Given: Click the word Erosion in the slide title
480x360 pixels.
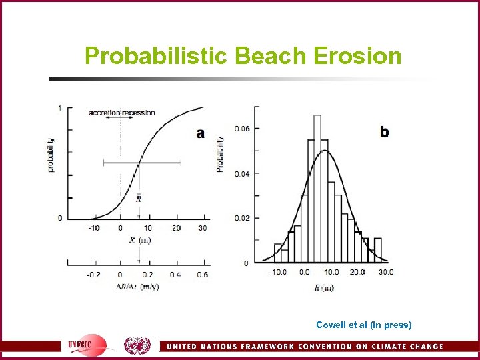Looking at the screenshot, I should tap(356, 56).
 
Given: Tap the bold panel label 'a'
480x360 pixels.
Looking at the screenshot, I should tap(200, 133).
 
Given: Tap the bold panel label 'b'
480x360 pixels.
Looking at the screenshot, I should tap(385, 132).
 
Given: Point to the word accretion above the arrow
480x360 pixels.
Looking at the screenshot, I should tap(105, 113).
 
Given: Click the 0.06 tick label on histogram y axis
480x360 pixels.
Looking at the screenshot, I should tap(242, 129).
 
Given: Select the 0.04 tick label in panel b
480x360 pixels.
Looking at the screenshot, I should tap(242, 173).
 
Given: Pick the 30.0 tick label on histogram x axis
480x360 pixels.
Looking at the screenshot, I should tap(385, 273).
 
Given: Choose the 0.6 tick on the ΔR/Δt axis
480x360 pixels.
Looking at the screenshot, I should tap(203, 275).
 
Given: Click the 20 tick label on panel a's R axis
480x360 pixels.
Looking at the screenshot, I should tap(176, 228).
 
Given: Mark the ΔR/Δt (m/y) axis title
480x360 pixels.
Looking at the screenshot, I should tap(139, 287).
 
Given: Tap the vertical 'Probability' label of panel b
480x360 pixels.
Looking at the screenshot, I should tap(221, 155).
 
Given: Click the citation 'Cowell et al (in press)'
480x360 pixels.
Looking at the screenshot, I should tap(364, 325).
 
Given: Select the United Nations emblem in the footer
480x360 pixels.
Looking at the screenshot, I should tap(137, 345).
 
